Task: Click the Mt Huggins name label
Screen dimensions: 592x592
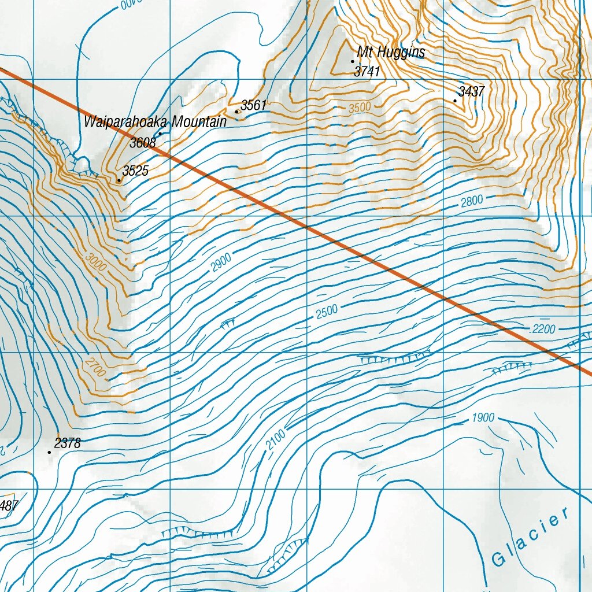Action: click(x=391, y=53)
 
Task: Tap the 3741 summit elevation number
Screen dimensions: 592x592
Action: click(x=367, y=71)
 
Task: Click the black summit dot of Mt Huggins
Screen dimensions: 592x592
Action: click(x=353, y=61)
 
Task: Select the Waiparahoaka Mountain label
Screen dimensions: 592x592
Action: click(x=155, y=122)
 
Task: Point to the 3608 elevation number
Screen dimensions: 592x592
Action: click(x=142, y=143)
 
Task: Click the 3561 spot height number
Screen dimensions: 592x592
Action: click(x=253, y=105)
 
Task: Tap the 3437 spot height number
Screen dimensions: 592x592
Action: click(x=471, y=91)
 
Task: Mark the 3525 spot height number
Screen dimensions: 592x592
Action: click(x=135, y=171)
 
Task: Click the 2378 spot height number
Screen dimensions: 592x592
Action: click(x=67, y=443)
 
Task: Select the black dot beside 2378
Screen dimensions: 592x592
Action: click(x=49, y=452)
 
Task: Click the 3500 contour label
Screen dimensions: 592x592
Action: click(x=359, y=108)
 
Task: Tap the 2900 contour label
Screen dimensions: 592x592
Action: click(x=221, y=262)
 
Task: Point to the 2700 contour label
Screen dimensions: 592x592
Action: click(x=95, y=367)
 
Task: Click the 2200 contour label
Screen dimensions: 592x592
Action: click(x=543, y=330)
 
